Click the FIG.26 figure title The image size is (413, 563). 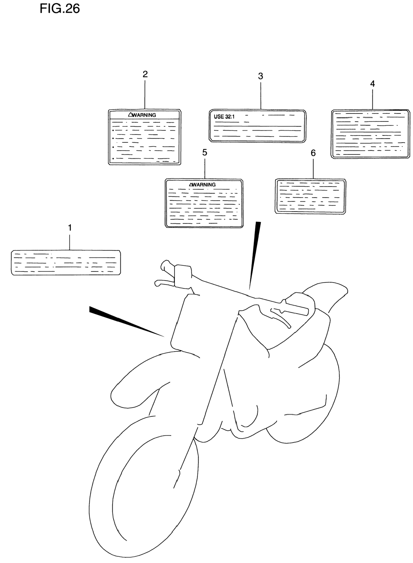click(x=60, y=8)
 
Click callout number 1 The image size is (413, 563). click(x=70, y=228)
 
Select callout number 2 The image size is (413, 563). click(x=145, y=74)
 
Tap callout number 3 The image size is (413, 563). click(x=261, y=76)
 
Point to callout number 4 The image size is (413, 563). click(x=372, y=84)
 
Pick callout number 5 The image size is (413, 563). click(x=205, y=152)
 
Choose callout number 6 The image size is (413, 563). click(x=313, y=153)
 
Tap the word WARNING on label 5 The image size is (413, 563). click(x=204, y=185)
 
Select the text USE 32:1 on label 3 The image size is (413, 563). click(x=224, y=117)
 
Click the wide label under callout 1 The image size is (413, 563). click(x=66, y=263)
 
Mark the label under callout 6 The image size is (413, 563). click(x=310, y=196)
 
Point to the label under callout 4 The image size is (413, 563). click(x=370, y=134)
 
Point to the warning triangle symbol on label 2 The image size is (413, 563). click(x=130, y=115)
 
